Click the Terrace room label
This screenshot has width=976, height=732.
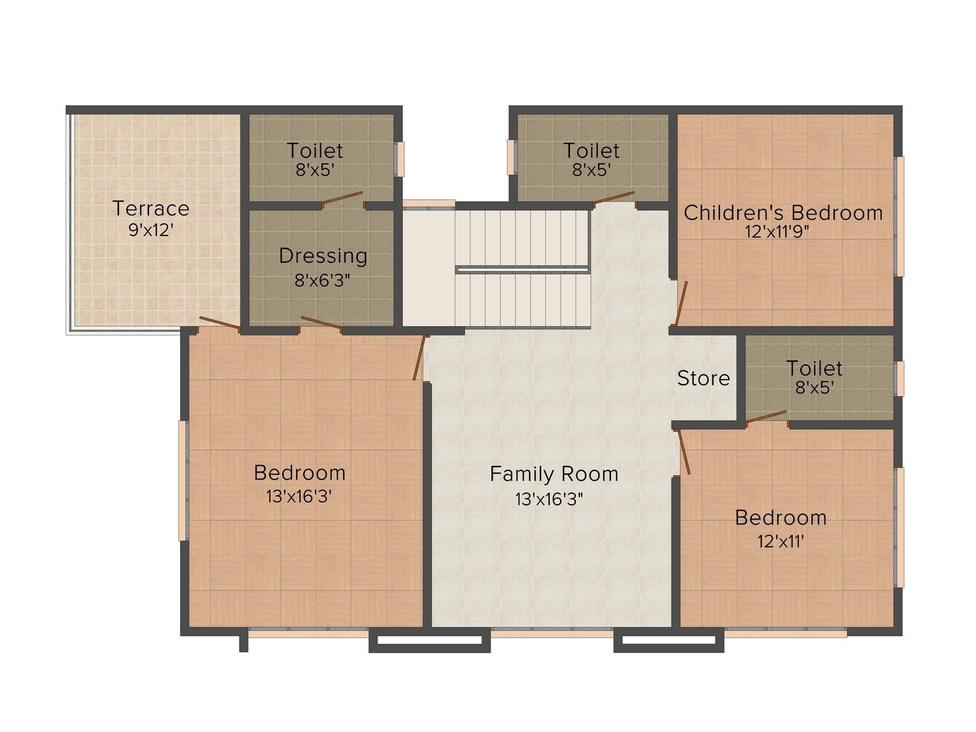point(151,208)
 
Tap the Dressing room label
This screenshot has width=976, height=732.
point(323,256)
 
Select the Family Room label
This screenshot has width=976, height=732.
point(554,474)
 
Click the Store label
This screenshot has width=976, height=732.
point(703,378)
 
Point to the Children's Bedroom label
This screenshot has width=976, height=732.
point(783,213)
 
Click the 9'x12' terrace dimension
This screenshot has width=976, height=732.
point(151,230)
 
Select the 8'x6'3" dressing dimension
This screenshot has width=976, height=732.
point(322,280)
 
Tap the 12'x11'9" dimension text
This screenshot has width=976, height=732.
point(777,232)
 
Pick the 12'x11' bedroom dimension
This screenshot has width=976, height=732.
point(781,541)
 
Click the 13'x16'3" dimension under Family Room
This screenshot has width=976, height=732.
point(549,499)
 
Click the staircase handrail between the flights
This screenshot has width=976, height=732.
point(522,269)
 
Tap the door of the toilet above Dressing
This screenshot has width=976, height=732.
point(342,199)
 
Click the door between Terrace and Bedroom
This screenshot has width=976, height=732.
point(220,323)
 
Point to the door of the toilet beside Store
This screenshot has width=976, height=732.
point(766,416)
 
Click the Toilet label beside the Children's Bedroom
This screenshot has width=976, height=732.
point(591,151)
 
